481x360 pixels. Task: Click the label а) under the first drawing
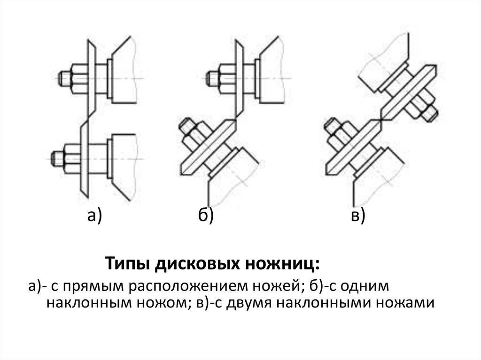click(x=94, y=215)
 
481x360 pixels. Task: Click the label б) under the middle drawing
click(x=205, y=215)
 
